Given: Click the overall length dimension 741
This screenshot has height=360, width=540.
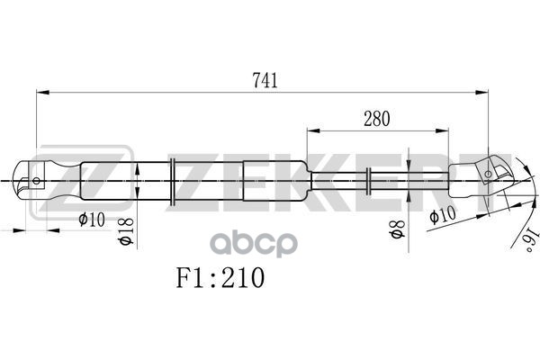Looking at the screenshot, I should tap(264, 79).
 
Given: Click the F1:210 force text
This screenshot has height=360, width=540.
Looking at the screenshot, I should tap(220, 278).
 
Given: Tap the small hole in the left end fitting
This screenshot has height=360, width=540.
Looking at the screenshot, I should tap(36, 180).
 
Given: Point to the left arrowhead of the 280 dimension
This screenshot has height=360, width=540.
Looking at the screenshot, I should tap(312, 130).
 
